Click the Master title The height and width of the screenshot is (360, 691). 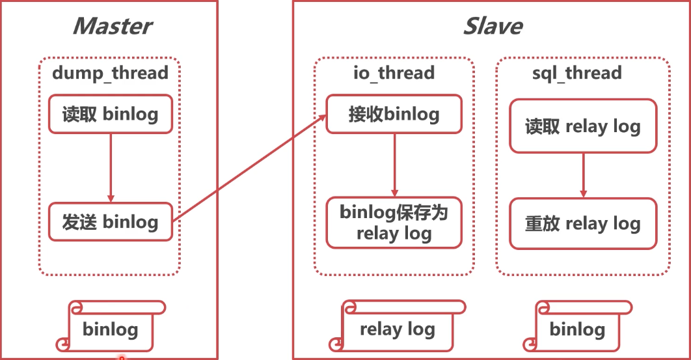pyautogui.click(x=112, y=26)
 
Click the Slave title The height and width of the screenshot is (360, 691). pyautogui.click(x=492, y=26)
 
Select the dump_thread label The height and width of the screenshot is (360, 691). pyautogui.click(x=110, y=72)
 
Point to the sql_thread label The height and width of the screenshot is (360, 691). pyautogui.click(x=576, y=72)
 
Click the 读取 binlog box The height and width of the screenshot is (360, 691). pyautogui.click(x=111, y=115)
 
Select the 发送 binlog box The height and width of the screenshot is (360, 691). pyautogui.click(x=111, y=222)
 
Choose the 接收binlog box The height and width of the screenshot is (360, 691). pyautogui.click(x=394, y=115)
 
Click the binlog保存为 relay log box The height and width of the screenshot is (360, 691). pyautogui.click(x=394, y=223)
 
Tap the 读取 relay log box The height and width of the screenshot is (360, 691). pyautogui.click(x=582, y=126)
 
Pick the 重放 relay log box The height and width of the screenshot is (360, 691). pyautogui.click(x=582, y=224)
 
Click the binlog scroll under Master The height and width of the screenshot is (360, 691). pyautogui.click(x=111, y=327)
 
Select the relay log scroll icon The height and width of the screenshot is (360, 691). pyautogui.click(x=397, y=327)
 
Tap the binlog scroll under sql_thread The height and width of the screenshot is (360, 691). pyautogui.click(x=577, y=327)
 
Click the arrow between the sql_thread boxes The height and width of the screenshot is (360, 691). pyautogui.click(x=583, y=175)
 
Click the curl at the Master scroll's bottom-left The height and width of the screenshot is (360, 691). pyautogui.click(x=63, y=344)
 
